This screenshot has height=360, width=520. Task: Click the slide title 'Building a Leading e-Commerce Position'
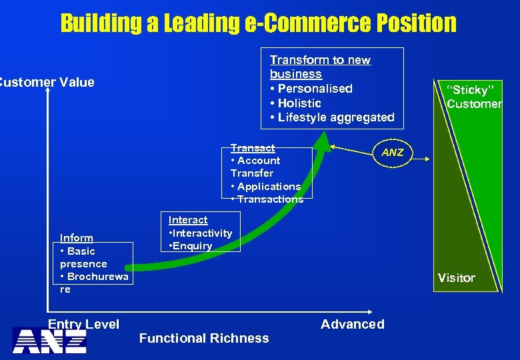pyautogui.click(x=259, y=23)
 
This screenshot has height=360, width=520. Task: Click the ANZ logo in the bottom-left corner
pyautogui.click(x=49, y=341)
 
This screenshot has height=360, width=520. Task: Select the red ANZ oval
pyautogui.click(x=393, y=153)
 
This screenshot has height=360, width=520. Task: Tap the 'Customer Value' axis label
pyautogui.click(x=47, y=82)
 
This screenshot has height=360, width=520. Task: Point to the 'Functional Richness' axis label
pyautogui.click(x=204, y=338)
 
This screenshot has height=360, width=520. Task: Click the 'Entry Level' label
pyautogui.click(x=83, y=324)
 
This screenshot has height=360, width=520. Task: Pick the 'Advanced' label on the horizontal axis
pyautogui.click(x=353, y=324)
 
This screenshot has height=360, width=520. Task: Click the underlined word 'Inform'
pyautogui.click(x=77, y=238)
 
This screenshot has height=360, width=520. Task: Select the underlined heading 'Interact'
pyautogui.click(x=188, y=220)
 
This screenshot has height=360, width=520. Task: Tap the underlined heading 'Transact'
pyautogui.click(x=253, y=148)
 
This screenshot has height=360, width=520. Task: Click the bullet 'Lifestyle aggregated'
pyautogui.click(x=335, y=117)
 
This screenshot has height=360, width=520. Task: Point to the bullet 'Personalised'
pyautogui.click(x=315, y=89)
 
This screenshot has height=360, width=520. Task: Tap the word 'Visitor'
pyautogui.click(x=456, y=277)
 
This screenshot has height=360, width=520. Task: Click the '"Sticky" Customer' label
pyautogui.click(x=474, y=97)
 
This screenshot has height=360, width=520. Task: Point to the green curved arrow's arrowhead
pyautogui.click(x=325, y=136)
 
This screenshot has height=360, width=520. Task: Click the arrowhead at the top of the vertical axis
pyautogui.click(x=48, y=92)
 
